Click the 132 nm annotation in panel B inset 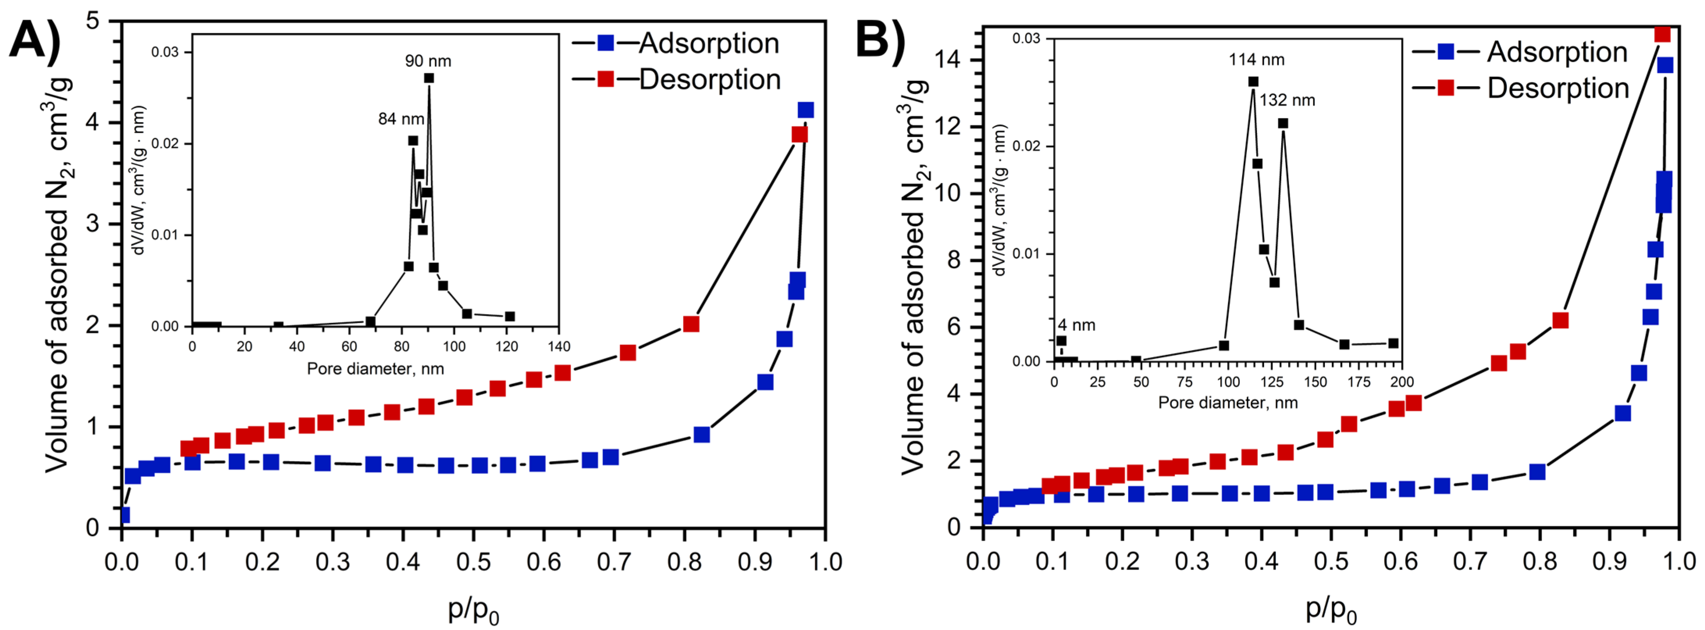(1287, 101)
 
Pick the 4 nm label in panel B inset (1076, 326)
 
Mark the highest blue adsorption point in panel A (805, 110)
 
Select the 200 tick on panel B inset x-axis (1402, 382)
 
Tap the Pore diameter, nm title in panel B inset (1228, 402)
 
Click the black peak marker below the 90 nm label (429, 78)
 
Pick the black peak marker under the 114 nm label (1253, 82)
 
